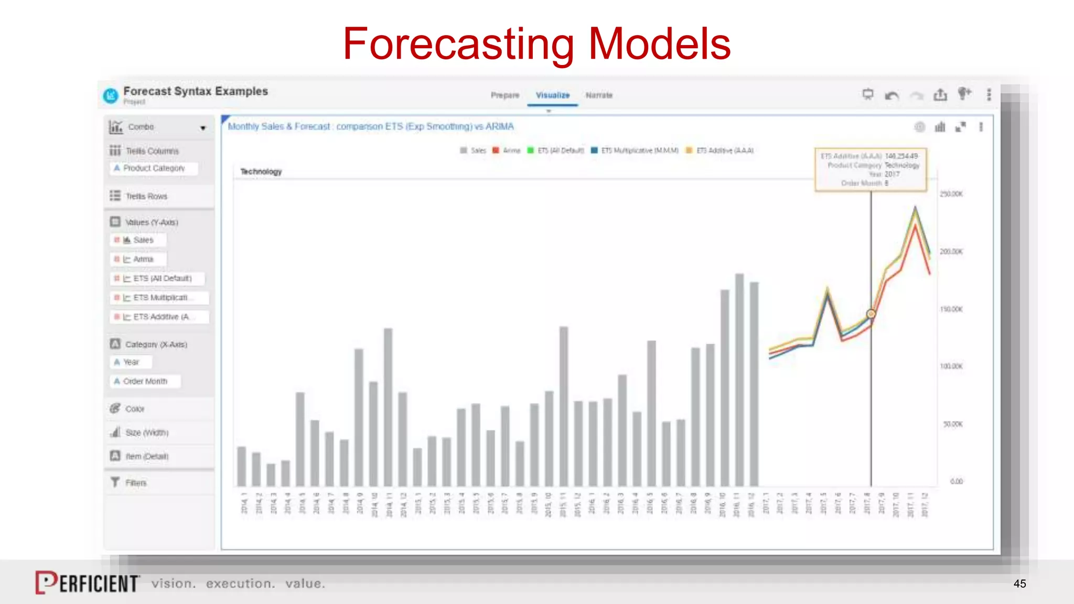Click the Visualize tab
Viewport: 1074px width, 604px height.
(552, 95)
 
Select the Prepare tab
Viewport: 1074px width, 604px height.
(504, 95)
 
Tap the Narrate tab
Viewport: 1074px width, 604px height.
(599, 95)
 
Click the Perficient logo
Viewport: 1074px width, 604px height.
(87, 583)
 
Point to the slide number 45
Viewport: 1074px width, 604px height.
(1019, 584)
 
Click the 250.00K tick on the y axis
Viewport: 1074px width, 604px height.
(951, 194)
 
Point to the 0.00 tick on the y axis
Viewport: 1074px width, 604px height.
(956, 481)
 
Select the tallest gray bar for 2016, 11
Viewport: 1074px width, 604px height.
(739, 380)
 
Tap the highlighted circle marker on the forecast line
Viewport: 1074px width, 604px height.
(871, 314)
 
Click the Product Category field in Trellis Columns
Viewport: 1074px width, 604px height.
(154, 168)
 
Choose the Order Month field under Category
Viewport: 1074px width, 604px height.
(145, 381)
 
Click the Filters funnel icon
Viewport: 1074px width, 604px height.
(115, 482)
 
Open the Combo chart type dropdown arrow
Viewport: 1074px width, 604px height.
(203, 128)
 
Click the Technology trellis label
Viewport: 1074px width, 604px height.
(261, 171)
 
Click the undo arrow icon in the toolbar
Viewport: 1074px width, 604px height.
(892, 95)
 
